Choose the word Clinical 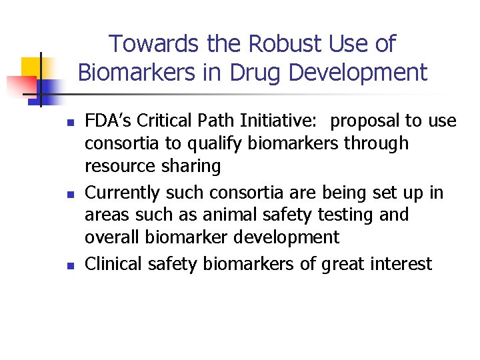[112, 264]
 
